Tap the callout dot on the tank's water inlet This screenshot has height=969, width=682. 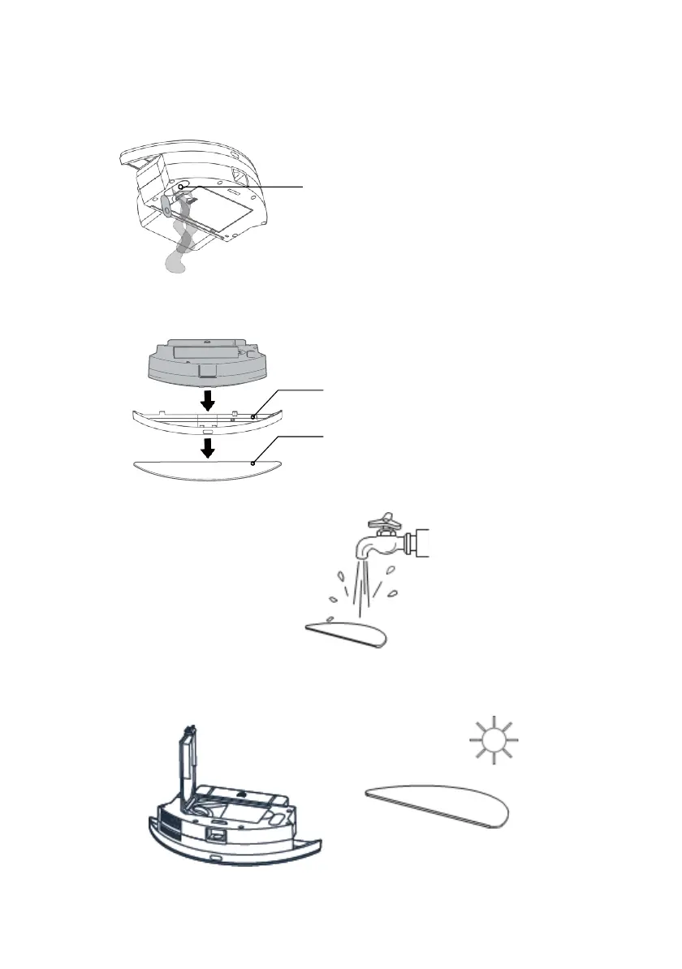180,187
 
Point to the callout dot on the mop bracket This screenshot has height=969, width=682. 253,416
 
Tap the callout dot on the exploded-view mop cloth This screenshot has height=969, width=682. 254,462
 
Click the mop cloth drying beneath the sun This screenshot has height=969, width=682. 438,803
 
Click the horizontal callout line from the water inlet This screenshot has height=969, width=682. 244,187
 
